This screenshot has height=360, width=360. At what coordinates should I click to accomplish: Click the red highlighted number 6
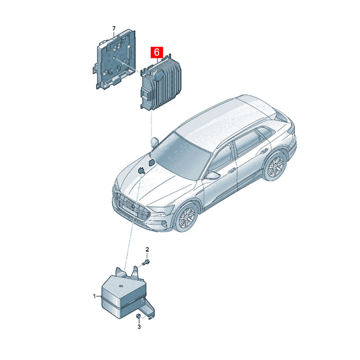pos(157,53)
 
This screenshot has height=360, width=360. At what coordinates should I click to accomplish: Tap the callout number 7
pos(113,28)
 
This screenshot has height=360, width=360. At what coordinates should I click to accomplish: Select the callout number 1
pos(94,296)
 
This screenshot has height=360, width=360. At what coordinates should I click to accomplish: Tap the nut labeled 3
pos(138,317)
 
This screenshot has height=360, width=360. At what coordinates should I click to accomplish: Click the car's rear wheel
pos(274,166)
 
